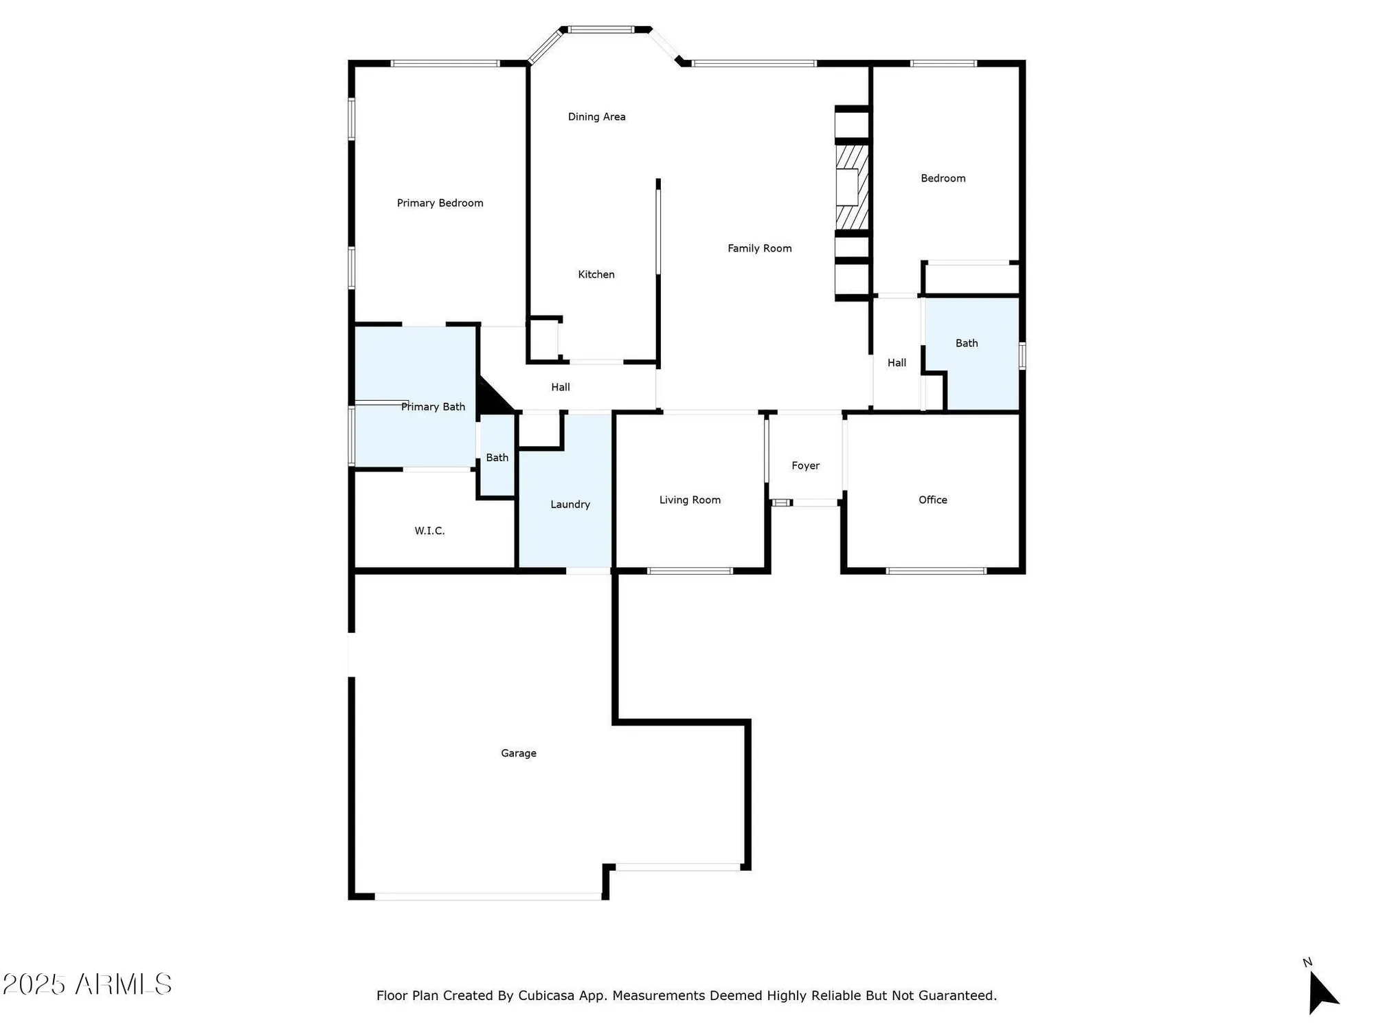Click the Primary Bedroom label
pos(440,203)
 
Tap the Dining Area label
pos(596,117)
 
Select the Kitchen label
pos(596,274)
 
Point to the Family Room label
pos(759,248)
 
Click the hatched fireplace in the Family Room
pos(852,186)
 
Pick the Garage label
pos(518,753)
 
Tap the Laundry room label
pos(570,505)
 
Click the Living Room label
pos(690,500)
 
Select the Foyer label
pos(805,465)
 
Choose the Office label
pos(932,500)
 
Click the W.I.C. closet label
pos(429,531)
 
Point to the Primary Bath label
pos(433,407)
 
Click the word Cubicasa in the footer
pos(545,995)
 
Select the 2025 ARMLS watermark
pos(87,984)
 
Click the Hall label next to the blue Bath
pos(897,363)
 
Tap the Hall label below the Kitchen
pos(560,387)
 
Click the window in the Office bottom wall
pos(936,570)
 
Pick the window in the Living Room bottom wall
pos(690,570)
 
